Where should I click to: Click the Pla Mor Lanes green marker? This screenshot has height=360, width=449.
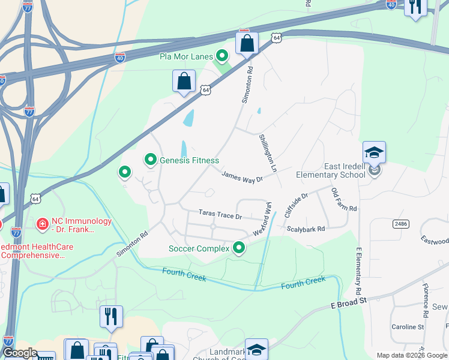pyautogui.click(x=222, y=56)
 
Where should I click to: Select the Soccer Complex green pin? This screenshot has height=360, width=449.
pyautogui.click(x=239, y=247)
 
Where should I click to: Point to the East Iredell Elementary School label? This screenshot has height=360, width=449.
pyautogui.click(x=331, y=170)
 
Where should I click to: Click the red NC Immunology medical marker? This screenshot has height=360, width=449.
pyautogui.click(x=43, y=225)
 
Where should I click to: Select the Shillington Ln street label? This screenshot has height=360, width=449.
pyautogui.click(x=267, y=154)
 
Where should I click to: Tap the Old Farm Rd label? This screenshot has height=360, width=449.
pyautogui.click(x=344, y=200)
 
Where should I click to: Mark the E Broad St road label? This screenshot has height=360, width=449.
pyautogui.click(x=348, y=304)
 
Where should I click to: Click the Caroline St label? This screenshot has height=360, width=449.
pyautogui.click(x=408, y=327)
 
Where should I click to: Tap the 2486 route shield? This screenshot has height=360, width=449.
pyautogui.click(x=401, y=224)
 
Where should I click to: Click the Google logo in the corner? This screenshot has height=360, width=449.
pyautogui.click(x=20, y=353)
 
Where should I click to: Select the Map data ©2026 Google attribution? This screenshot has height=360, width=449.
pyautogui.click(x=411, y=355)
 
